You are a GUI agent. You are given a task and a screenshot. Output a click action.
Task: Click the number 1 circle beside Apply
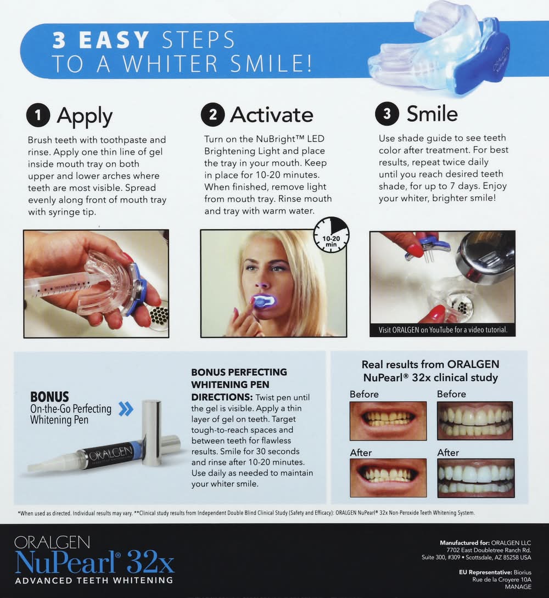(38, 115)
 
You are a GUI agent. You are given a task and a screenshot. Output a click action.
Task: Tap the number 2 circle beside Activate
(213, 115)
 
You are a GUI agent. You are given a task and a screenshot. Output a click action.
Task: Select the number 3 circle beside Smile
(387, 114)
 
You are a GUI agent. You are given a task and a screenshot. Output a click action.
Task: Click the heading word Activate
(271, 115)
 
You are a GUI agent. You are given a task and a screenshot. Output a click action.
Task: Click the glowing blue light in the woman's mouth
(264, 301)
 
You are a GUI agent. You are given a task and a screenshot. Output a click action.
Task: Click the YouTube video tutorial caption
(442, 330)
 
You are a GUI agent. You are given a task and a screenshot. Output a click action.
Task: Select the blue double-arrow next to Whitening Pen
(126, 409)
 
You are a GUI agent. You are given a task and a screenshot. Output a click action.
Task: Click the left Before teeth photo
(388, 421)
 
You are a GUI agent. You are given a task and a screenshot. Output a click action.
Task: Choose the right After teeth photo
(476, 478)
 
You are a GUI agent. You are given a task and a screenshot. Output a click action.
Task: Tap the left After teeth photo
(388, 478)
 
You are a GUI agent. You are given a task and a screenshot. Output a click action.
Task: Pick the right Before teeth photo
(475, 421)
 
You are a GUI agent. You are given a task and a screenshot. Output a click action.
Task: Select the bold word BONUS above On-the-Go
(49, 397)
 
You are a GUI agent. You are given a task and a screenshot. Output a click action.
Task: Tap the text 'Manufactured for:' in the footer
(464, 543)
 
